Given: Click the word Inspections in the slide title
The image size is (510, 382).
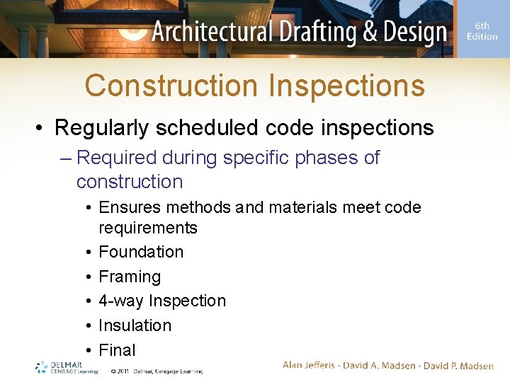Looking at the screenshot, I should tap(346, 86).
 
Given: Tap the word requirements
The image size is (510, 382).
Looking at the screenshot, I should tap(148, 228).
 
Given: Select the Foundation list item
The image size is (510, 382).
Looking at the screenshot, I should tap(141, 252).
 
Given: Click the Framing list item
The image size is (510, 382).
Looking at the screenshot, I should tap(130, 277).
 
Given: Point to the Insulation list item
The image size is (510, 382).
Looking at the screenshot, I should tap(135, 325).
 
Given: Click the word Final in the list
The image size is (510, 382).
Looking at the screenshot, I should tap(117, 350).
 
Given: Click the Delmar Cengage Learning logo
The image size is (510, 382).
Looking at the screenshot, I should tap(67, 367).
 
